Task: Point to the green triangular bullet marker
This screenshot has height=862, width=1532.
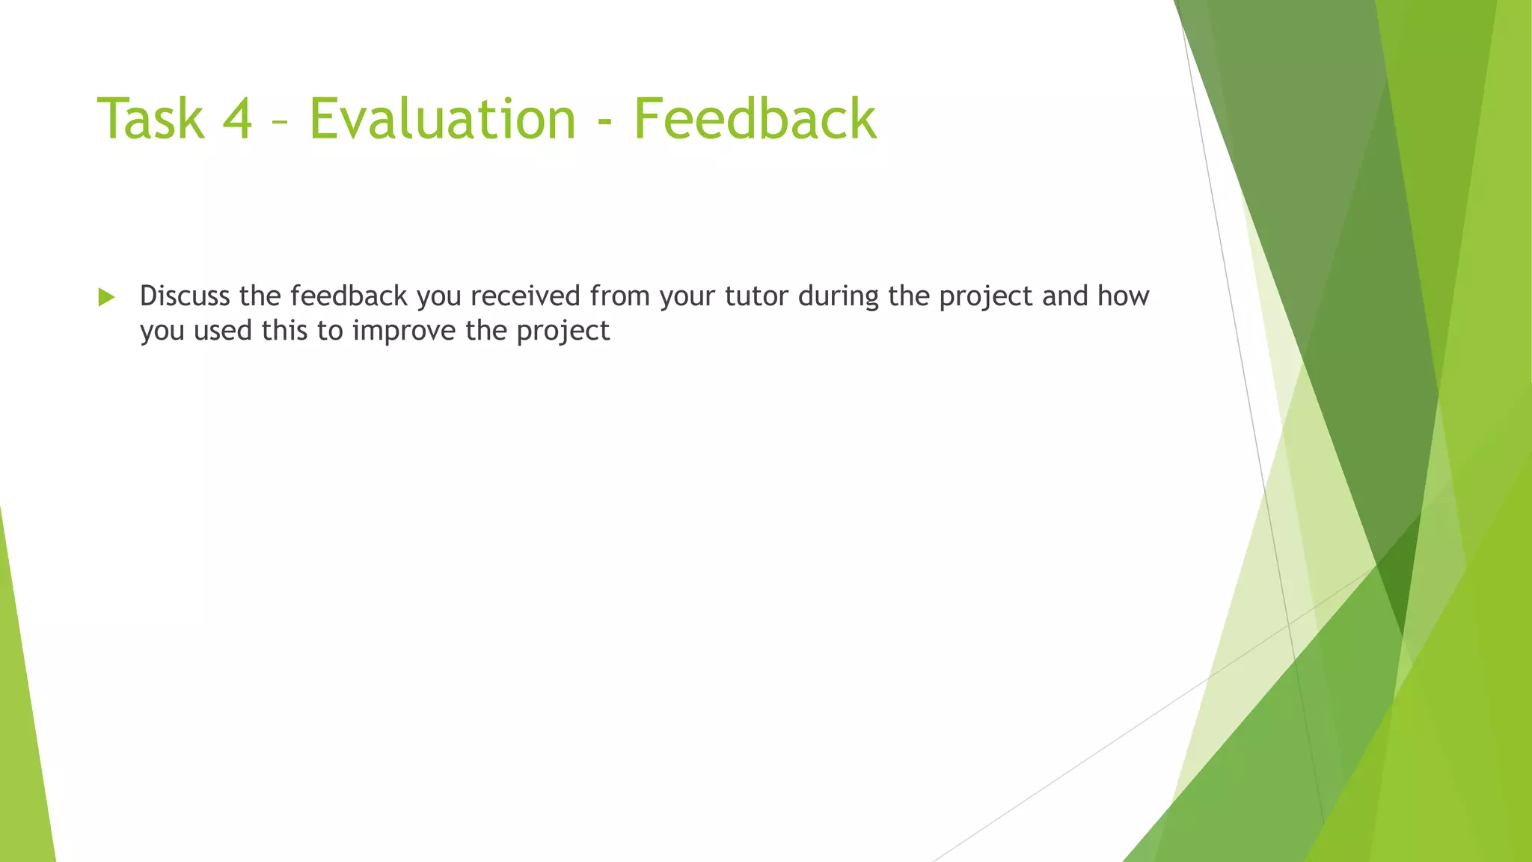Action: [106, 297]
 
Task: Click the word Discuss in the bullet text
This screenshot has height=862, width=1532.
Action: [185, 296]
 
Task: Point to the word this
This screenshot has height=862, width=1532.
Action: [285, 331]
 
